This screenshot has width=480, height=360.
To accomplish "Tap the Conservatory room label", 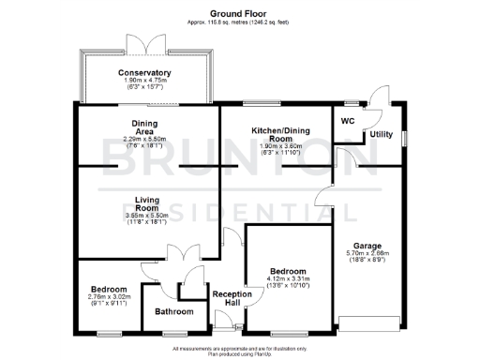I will pos(144,73).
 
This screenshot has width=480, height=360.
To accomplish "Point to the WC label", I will pos(348,120).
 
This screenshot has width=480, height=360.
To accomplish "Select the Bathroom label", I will pos(174,311).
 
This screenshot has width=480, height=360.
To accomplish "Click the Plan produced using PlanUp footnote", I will pos(239,352).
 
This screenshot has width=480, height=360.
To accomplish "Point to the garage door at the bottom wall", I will pos(373,324).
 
